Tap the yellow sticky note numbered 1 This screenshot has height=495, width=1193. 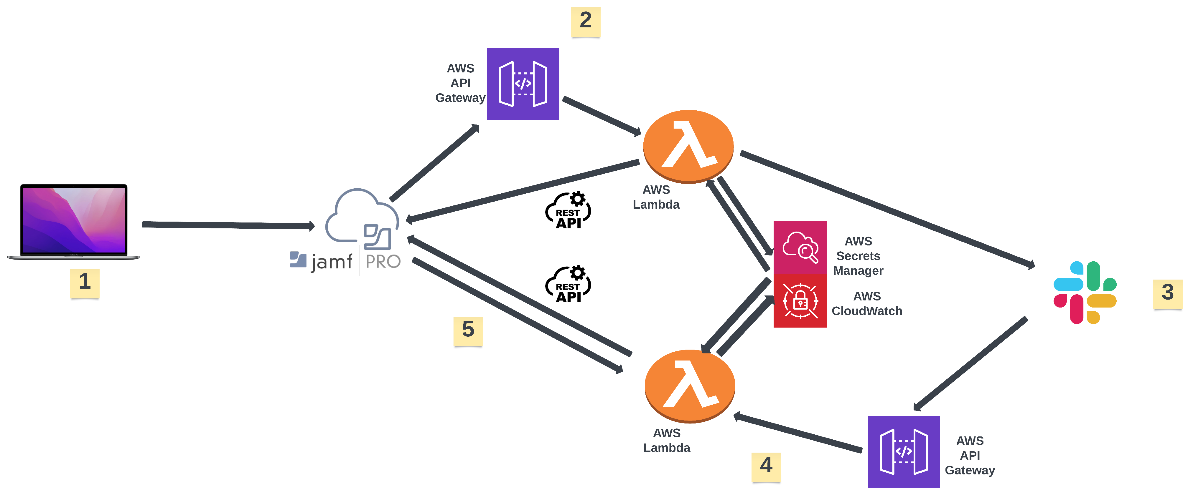(85, 283)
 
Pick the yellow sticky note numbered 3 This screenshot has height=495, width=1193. (1167, 293)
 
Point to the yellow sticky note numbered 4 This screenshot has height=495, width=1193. (766, 466)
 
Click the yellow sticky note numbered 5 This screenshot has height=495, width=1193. (468, 330)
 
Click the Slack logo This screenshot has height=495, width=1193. (1085, 292)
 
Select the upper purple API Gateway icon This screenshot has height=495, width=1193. (523, 84)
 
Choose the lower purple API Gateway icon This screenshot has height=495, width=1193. (904, 451)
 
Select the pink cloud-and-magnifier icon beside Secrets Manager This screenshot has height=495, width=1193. (800, 247)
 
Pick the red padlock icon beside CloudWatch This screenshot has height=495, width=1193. (800, 301)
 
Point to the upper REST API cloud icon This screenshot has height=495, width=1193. (568, 210)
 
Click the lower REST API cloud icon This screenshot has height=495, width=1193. (568, 285)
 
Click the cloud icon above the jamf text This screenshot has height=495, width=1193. (361, 217)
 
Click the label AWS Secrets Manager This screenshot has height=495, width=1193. (858, 256)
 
